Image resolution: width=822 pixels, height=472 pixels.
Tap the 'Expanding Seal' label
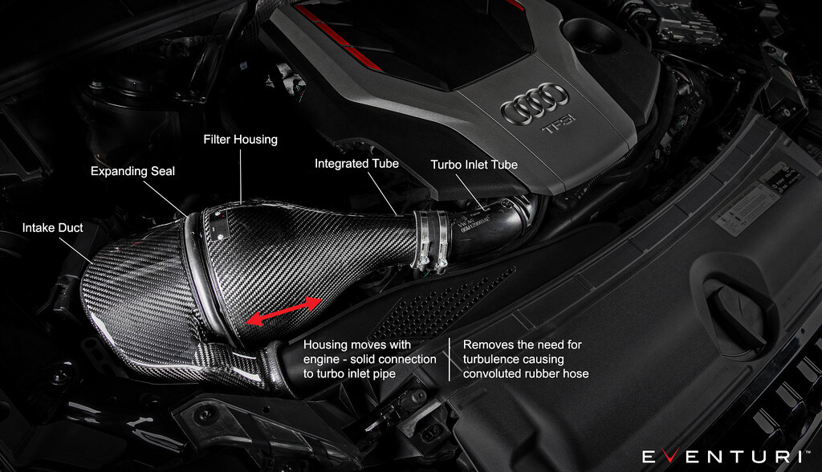132,171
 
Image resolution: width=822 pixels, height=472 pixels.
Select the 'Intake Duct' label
52,228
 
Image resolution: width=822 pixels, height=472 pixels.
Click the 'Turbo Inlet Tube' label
474,165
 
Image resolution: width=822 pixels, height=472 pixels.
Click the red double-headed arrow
285,310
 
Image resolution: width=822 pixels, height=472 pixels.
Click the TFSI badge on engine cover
560,129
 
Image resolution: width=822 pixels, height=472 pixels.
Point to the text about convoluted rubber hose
526,373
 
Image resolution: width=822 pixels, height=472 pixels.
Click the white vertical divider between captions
450,359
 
